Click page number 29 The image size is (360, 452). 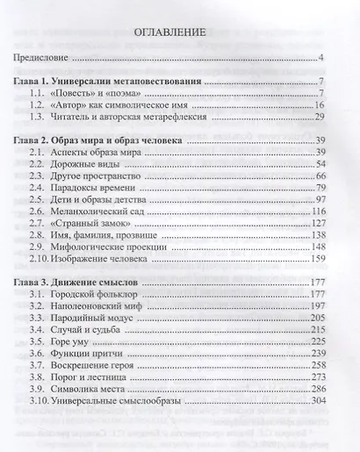click(320, 117)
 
